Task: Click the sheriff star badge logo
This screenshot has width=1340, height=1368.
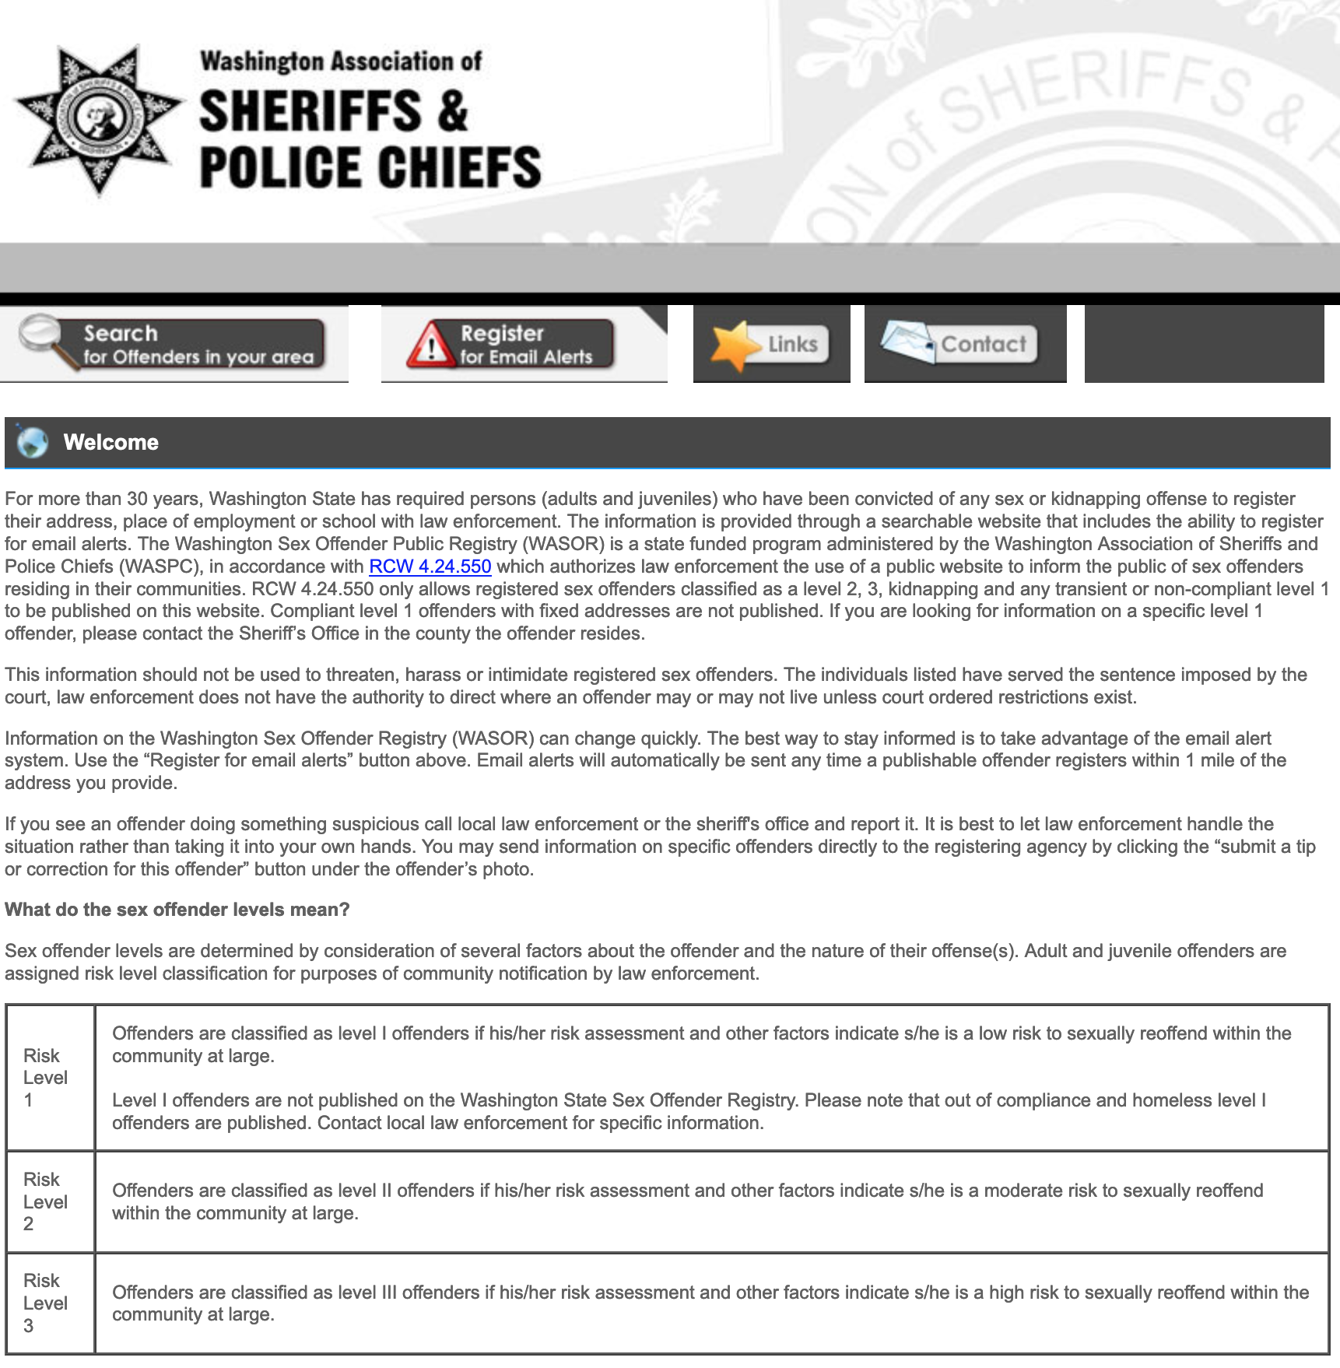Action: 100,118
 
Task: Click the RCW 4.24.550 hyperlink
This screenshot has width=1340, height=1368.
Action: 430,566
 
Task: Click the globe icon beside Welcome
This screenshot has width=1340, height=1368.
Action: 33,442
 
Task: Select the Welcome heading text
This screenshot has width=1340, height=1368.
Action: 111,442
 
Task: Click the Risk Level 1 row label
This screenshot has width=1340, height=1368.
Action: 45,1078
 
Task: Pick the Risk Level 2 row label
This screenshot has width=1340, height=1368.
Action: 45,1201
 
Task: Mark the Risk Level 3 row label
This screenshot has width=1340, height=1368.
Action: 45,1303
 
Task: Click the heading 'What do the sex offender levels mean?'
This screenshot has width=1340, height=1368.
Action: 177,910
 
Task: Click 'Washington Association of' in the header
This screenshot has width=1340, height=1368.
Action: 341,61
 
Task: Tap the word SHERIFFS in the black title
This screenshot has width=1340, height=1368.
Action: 310,110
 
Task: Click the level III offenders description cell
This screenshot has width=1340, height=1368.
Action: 710,1303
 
